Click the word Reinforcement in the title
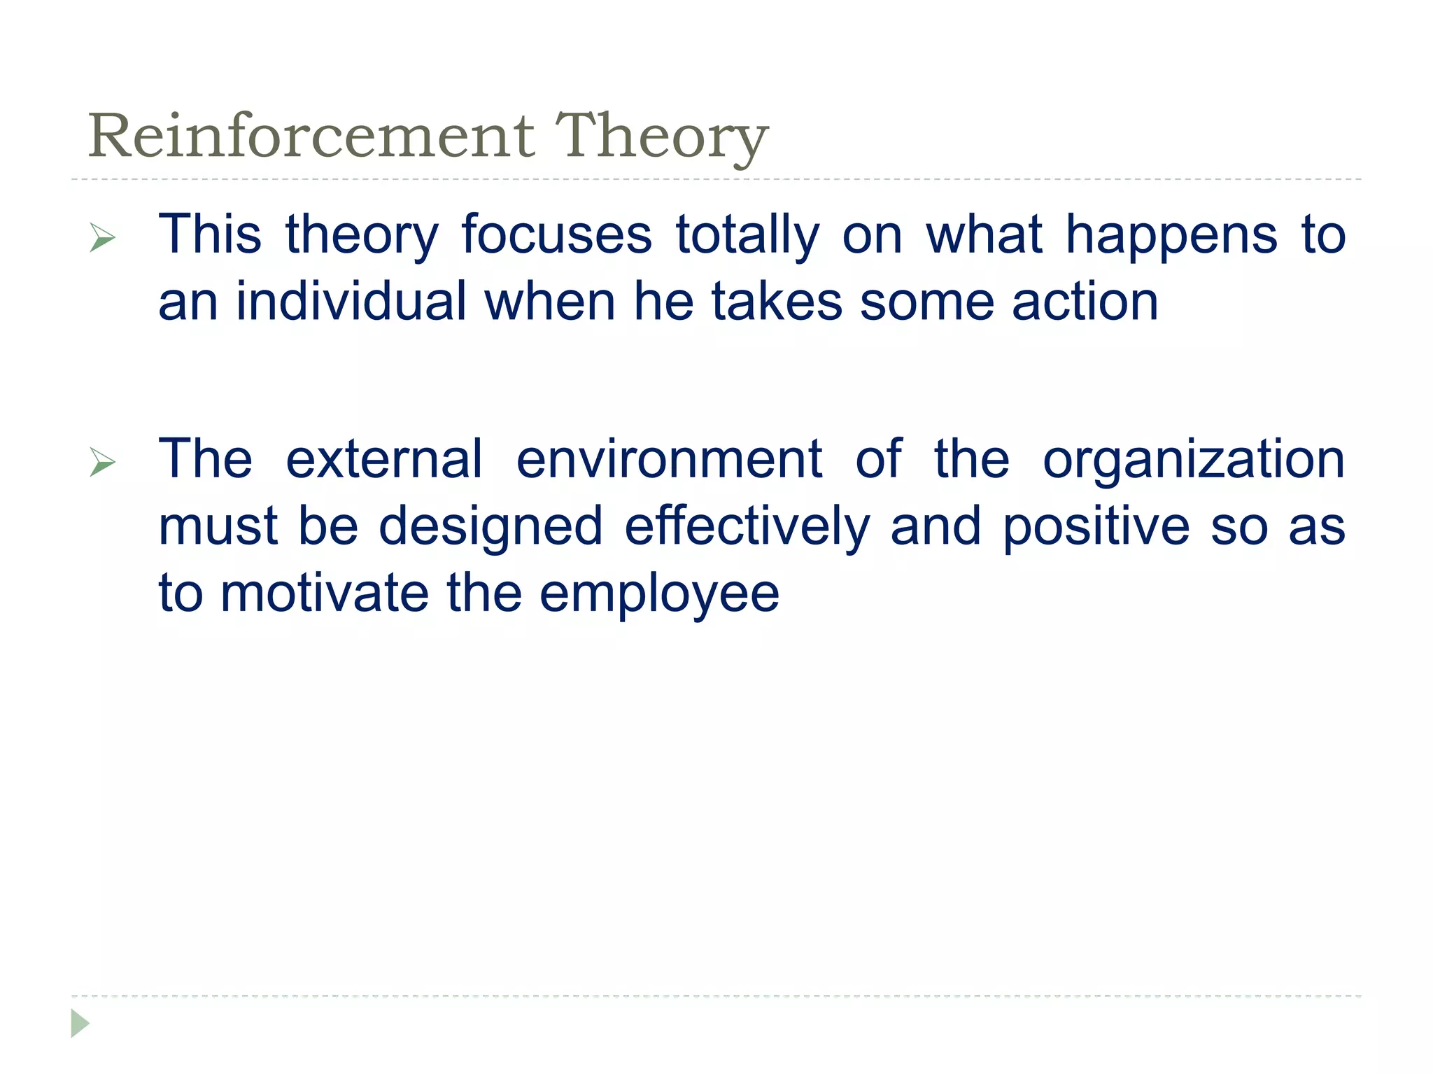(311, 136)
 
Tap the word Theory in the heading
(661, 137)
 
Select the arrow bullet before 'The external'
(102, 463)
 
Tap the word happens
(1171, 236)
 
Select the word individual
(351, 302)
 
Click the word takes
(777, 302)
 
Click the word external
(384, 459)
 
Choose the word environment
(669, 459)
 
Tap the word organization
(1194, 461)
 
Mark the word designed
(490, 526)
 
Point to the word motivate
(324, 593)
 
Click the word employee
(659, 594)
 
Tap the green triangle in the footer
(80, 1023)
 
